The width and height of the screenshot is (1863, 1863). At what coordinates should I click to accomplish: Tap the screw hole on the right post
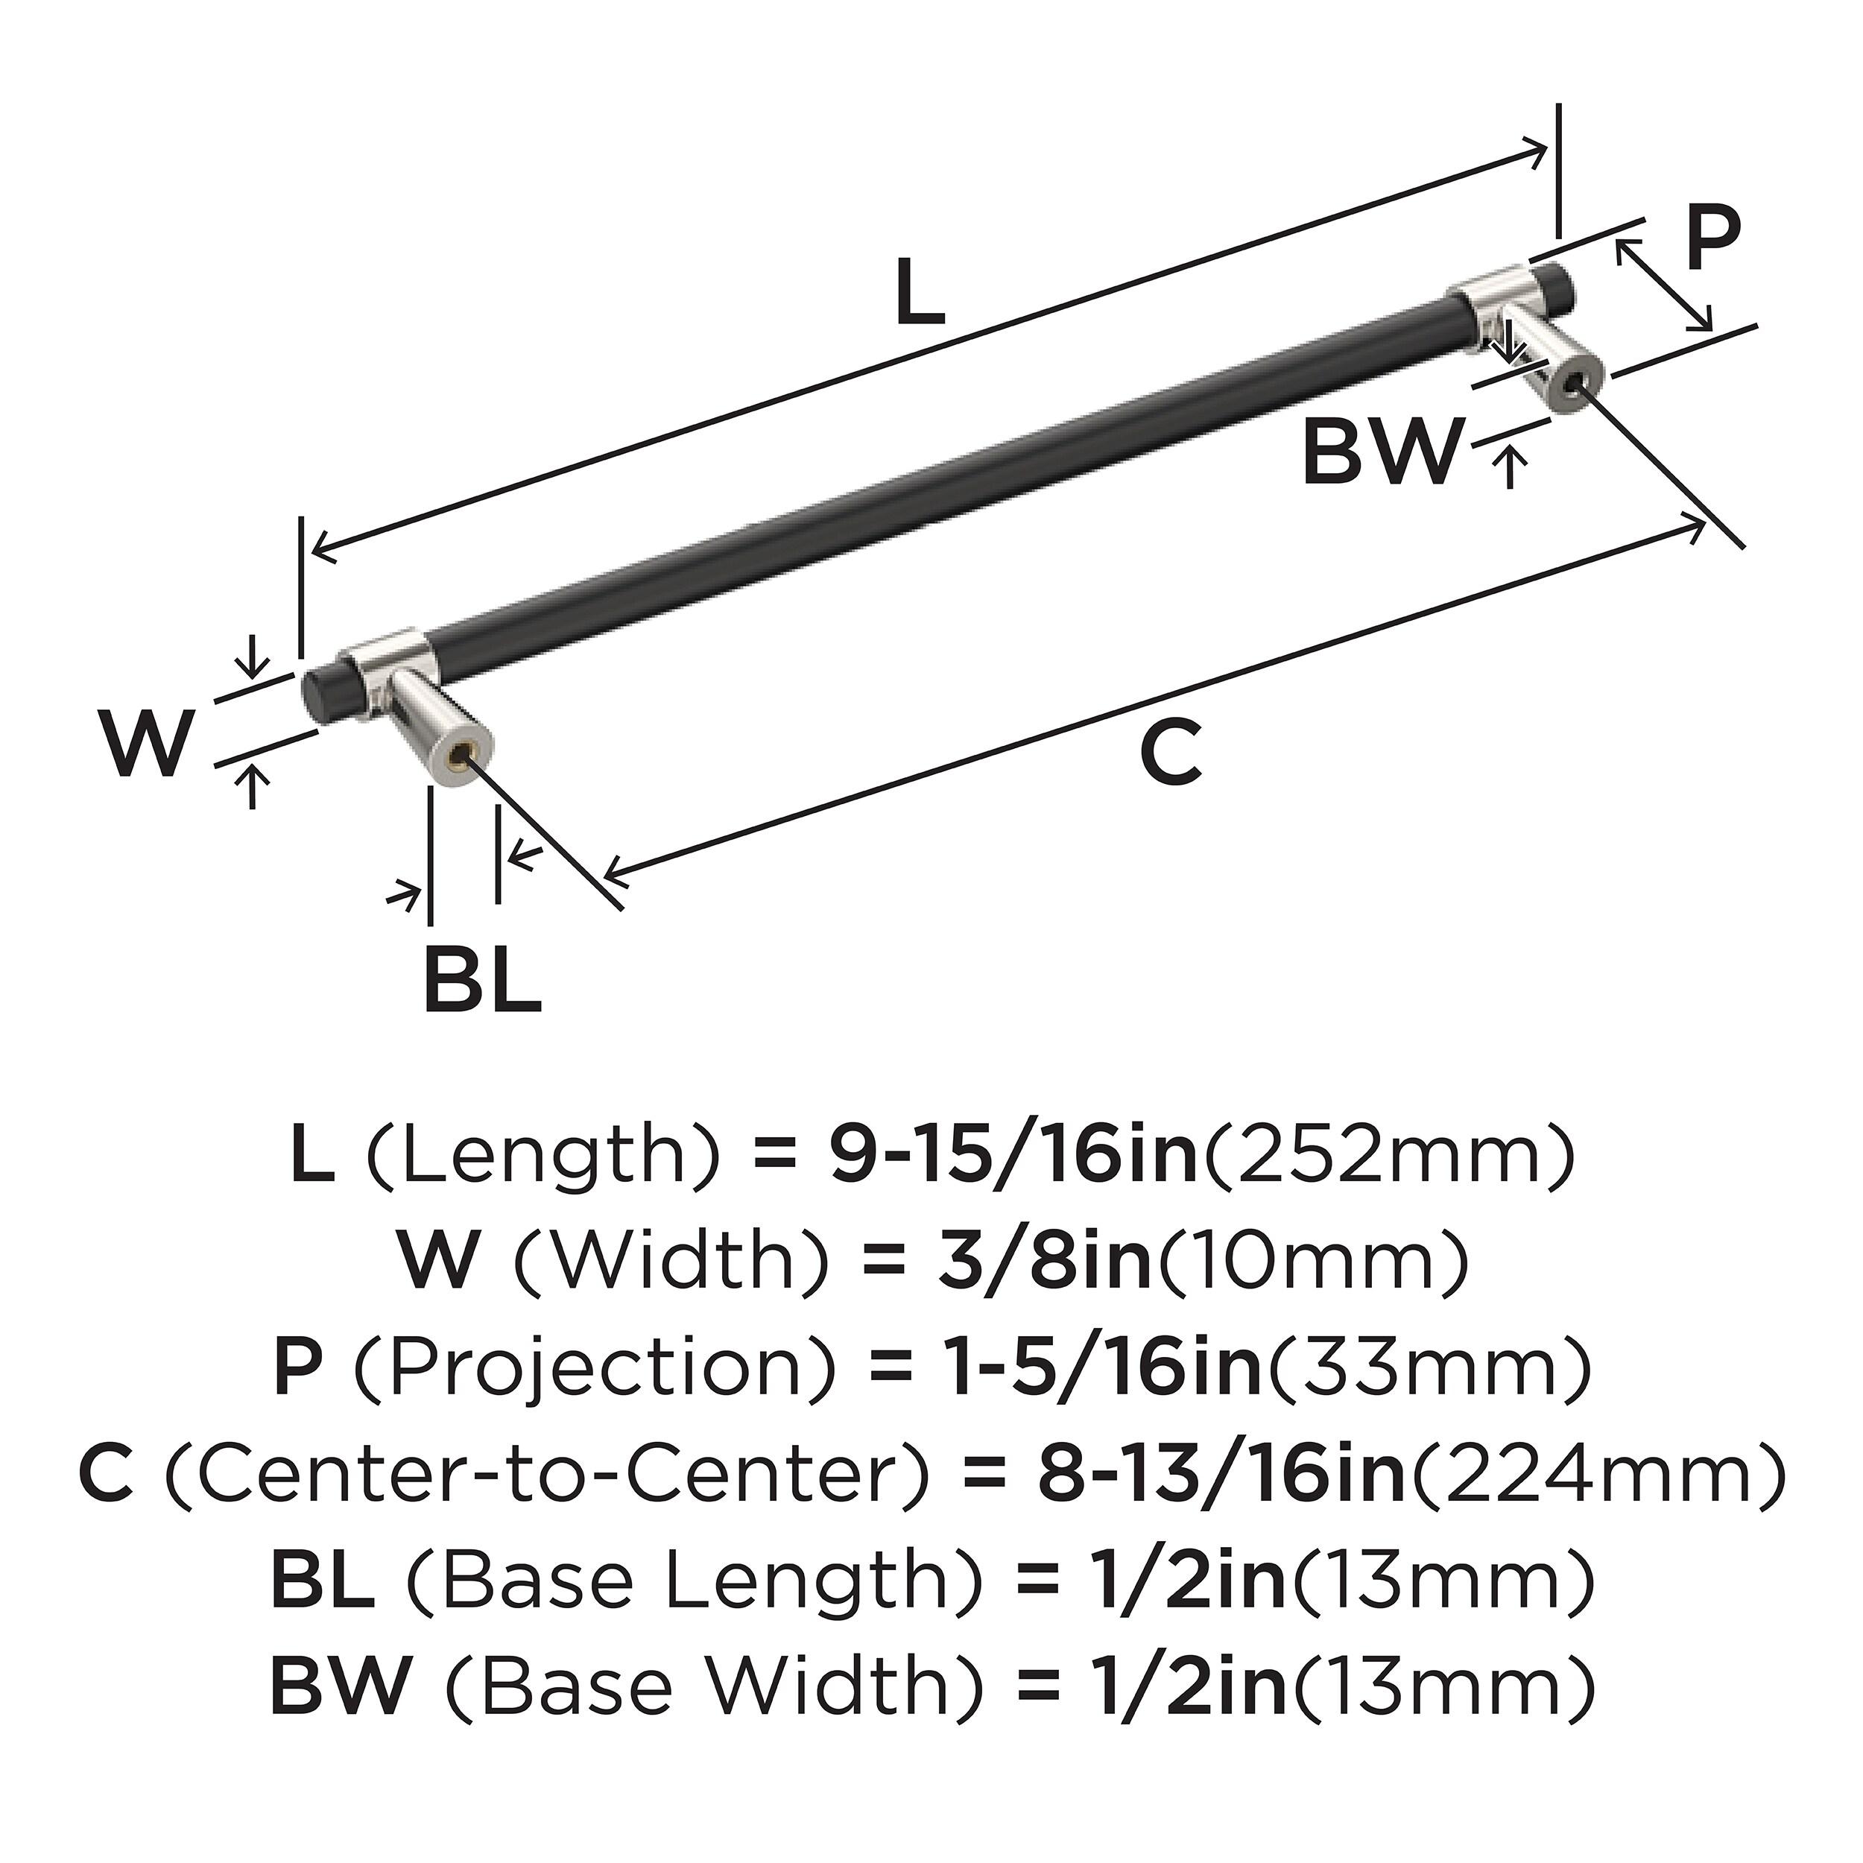coord(1575,385)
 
